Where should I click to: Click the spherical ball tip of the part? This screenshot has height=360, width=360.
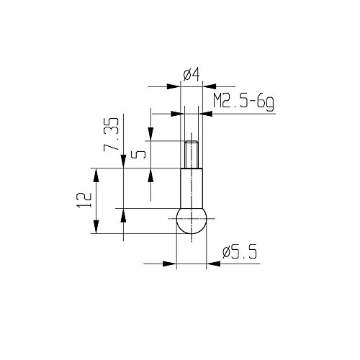pos(191,220)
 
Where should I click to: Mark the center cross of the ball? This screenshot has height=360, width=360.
pos(191,218)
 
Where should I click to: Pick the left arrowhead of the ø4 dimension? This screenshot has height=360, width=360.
pos(175,86)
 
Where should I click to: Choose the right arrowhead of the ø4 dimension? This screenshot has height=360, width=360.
pos(207,86)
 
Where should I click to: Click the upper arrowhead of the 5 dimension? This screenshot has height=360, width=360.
pos(150,137)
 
